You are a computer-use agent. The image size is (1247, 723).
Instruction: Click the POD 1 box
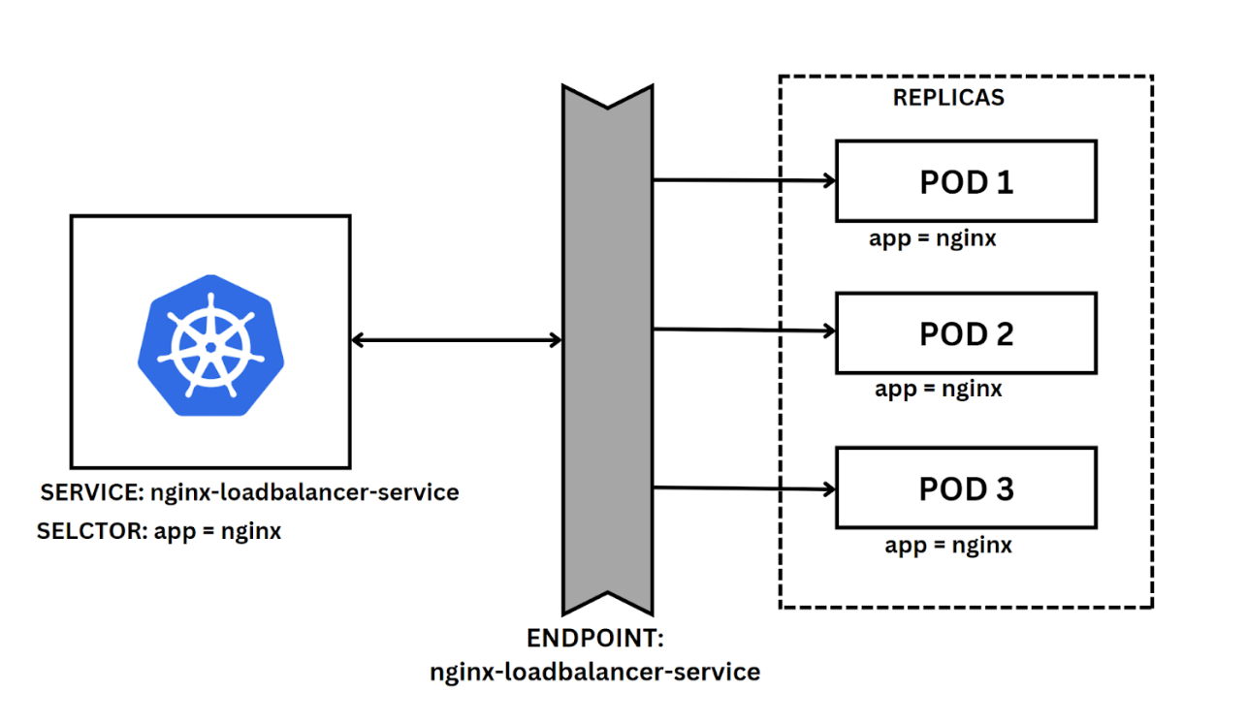tap(966, 181)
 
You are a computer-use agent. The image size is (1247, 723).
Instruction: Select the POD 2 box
tap(966, 333)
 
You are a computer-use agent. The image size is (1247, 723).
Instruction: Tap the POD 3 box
tap(966, 487)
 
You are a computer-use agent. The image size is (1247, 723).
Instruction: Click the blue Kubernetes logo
tap(211, 344)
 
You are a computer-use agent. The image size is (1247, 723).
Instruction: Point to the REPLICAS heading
tap(948, 98)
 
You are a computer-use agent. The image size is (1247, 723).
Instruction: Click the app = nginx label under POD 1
tap(933, 237)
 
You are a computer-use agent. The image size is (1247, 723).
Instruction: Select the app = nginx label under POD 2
tap(939, 389)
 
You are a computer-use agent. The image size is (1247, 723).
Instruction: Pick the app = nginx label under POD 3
tap(948, 545)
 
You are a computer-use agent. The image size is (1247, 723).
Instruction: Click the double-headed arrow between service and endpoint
tap(456, 339)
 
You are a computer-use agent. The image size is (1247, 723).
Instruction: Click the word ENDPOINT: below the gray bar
tap(592, 639)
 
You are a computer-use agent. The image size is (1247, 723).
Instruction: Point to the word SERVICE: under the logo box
tap(91, 492)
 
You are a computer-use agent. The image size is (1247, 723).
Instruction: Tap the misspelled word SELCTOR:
tap(91, 531)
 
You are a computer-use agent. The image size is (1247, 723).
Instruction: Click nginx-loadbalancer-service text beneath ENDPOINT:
tap(594, 671)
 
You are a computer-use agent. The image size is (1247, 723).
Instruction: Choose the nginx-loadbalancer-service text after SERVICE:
tap(304, 492)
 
